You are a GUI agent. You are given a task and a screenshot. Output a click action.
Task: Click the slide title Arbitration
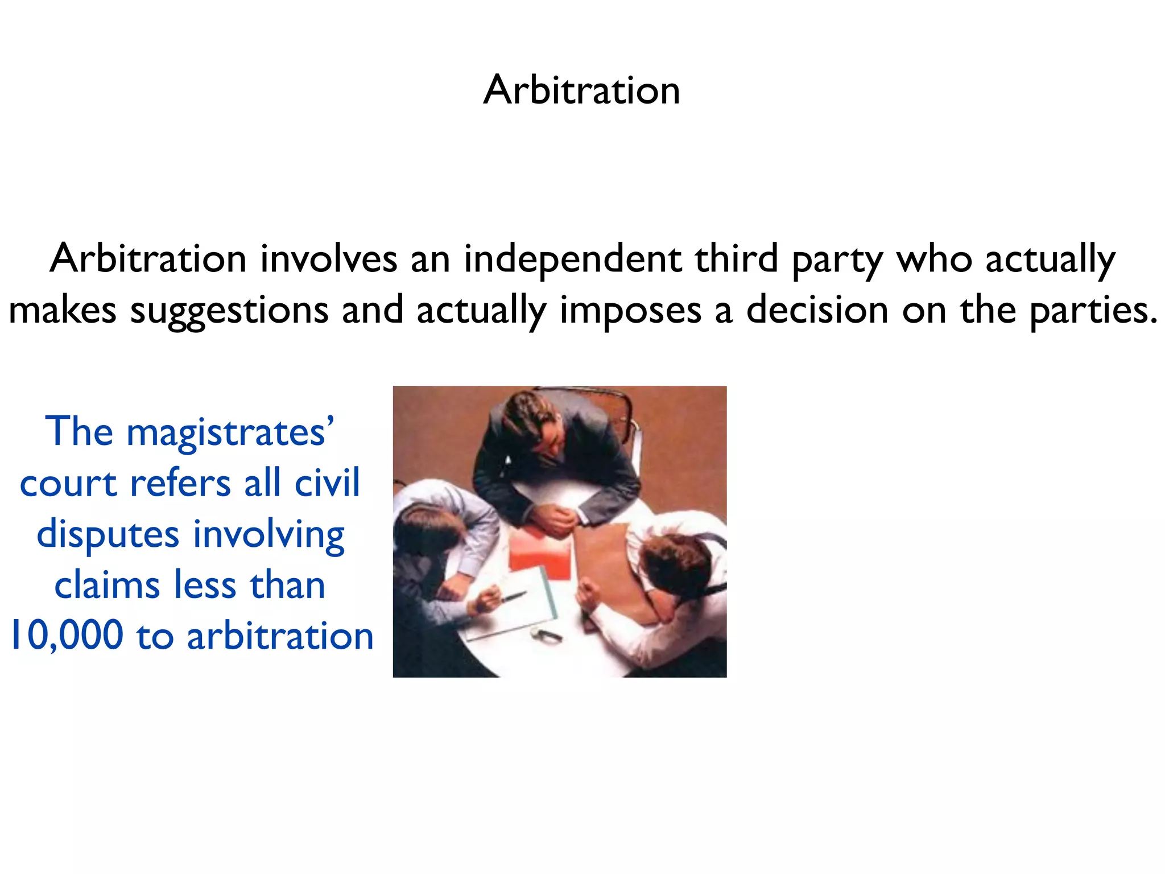581,90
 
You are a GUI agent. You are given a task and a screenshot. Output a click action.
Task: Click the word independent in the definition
572,259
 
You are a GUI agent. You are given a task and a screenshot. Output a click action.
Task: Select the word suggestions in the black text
229,311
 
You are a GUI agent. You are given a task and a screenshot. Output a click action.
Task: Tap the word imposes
630,311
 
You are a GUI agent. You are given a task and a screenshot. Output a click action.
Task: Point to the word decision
817,311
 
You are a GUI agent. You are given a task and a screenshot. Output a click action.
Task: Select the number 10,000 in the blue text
67,636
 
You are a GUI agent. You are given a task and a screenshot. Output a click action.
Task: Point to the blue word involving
268,535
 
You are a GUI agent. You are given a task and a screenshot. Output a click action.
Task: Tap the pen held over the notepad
513,596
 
